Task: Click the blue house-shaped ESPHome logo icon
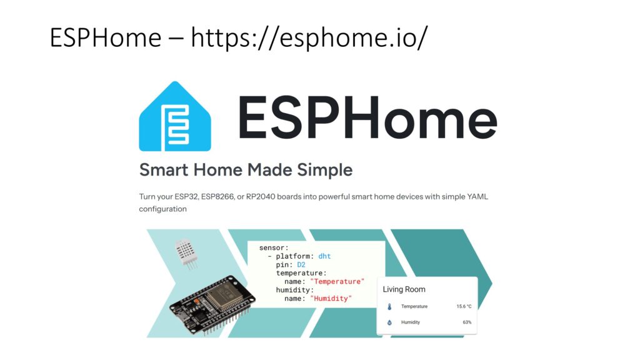click(x=175, y=116)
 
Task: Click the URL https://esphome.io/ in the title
click(x=309, y=37)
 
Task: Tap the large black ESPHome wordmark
click(x=367, y=117)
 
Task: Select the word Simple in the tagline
click(x=325, y=170)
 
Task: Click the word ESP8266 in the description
click(x=217, y=197)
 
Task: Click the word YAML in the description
click(x=477, y=197)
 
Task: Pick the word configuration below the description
click(x=163, y=209)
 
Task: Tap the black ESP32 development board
click(x=212, y=304)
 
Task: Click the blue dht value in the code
click(x=324, y=256)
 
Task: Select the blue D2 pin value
click(x=301, y=265)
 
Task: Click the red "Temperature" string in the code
click(x=337, y=282)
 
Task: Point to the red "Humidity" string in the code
click(x=331, y=298)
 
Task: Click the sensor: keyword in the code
click(x=274, y=247)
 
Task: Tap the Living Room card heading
click(x=404, y=289)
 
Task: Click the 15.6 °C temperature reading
click(x=464, y=306)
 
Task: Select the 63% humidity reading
click(x=467, y=322)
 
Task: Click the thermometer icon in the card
click(x=389, y=306)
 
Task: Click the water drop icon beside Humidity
click(x=389, y=322)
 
